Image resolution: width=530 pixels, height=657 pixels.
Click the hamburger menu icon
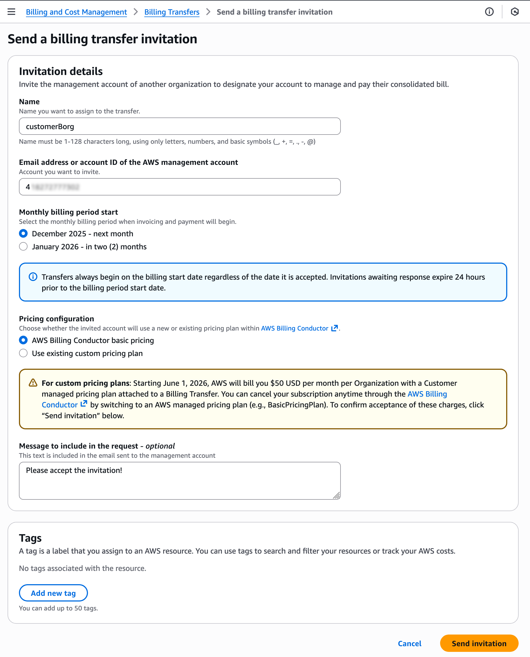click(x=11, y=12)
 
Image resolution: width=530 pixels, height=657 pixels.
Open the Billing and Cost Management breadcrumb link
click(x=76, y=12)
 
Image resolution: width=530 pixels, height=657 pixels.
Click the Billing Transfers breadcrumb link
click(x=172, y=12)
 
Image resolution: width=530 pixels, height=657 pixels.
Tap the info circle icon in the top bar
click(x=489, y=12)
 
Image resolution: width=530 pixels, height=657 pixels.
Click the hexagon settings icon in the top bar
click(x=515, y=12)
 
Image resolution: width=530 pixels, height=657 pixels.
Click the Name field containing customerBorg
click(x=179, y=126)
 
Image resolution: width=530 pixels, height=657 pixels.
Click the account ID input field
click(x=179, y=187)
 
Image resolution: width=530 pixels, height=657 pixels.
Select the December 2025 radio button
click(x=24, y=234)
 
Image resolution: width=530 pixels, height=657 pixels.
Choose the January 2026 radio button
click(x=24, y=247)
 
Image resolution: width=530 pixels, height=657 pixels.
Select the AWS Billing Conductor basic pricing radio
click(x=24, y=340)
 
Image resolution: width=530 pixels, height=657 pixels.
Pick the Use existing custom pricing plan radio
click(x=24, y=353)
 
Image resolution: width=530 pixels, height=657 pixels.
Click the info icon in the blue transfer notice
click(x=33, y=277)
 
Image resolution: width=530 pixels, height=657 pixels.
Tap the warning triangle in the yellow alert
click(x=33, y=383)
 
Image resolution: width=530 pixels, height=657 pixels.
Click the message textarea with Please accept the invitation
click(x=179, y=481)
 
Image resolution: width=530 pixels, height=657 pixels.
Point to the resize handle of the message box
click(x=336, y=495)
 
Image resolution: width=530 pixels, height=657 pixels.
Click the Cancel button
click(x=409, y=643)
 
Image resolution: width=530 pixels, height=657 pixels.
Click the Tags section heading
click(x=30, y=538)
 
